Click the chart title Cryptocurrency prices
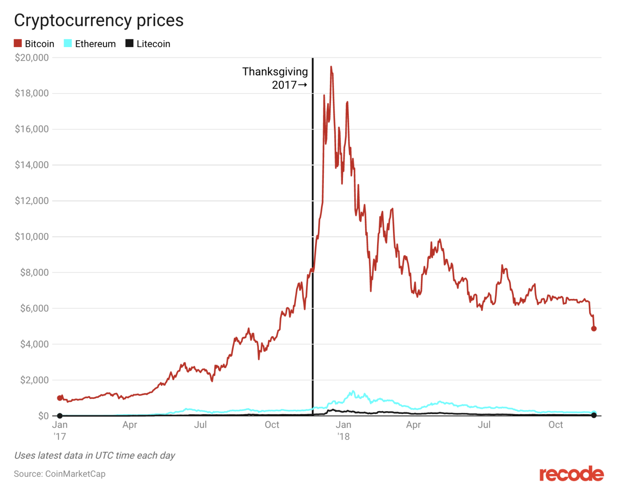(x=99, y=20)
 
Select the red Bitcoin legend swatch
(x=18, y=43)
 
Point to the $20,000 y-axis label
(x=32, y=58)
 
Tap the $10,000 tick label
(x=32, y=237)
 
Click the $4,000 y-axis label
(x=34, y=344)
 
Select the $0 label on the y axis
(x=43, y=416)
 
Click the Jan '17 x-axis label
(x=60, y=430)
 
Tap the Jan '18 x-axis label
(x=343, y=430)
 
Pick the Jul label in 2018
(x=484, y=425)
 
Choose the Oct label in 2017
(x=272, y=425)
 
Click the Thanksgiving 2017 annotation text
(x=275, y=78)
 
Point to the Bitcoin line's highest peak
(x=331, y=66)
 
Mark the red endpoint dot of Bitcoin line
(x=594, y=328)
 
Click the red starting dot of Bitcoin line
(x=60, y=398)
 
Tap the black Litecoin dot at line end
(x=594, y=416)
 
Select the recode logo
(x=571, y=474)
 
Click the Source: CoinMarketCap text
(x=59, y=474)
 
